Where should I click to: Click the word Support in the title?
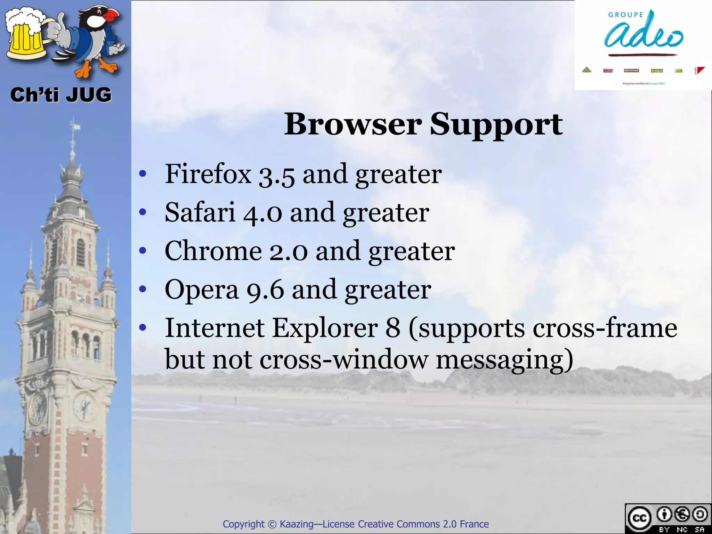(496, 125)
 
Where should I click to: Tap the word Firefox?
(208, 174)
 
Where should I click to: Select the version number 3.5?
(277, 175)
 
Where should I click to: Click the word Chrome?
(213, 251)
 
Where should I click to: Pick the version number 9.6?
(265, 290)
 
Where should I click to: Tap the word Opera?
(202, 290)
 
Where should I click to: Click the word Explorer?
(325, 328)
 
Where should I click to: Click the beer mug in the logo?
(25, 35)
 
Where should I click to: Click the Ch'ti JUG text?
(61, 95)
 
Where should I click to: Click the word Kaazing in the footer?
(296, 524)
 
